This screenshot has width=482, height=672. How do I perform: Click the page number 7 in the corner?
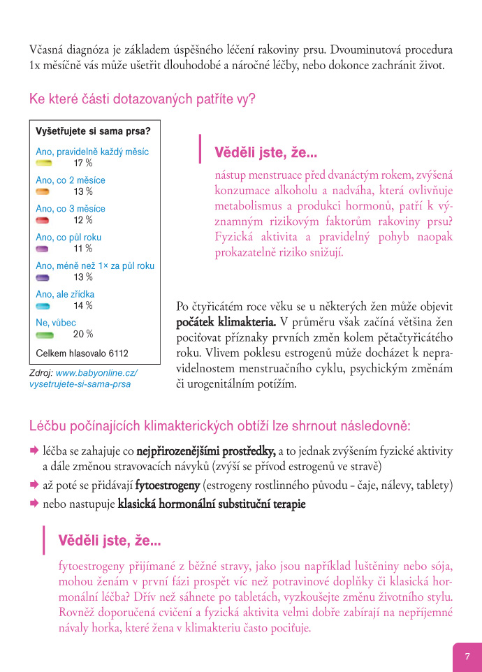(467, 656)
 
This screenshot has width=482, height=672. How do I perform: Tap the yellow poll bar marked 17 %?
(43, 163)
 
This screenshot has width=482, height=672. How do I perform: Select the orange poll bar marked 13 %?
(43, 191)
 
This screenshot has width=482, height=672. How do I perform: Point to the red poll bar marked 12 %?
(43, 220)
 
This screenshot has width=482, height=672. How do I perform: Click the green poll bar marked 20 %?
(43, 335)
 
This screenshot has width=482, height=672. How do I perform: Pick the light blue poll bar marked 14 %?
(43, 306)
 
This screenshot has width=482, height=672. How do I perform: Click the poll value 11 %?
(83, 249)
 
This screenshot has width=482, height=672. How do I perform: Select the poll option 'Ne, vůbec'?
(56, 323)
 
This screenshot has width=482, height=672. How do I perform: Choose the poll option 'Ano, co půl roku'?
(68, 238)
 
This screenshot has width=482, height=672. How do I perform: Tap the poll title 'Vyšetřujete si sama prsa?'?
(93, 131)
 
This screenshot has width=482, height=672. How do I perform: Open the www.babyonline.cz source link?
(96, 373)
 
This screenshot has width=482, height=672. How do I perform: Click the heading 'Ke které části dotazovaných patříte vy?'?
(143, 99)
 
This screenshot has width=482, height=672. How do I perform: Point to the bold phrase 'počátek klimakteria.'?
(226, 322)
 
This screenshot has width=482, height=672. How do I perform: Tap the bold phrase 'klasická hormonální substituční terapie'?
(212, 503)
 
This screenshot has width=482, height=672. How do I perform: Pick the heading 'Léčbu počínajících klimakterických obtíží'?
(220, 425)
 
